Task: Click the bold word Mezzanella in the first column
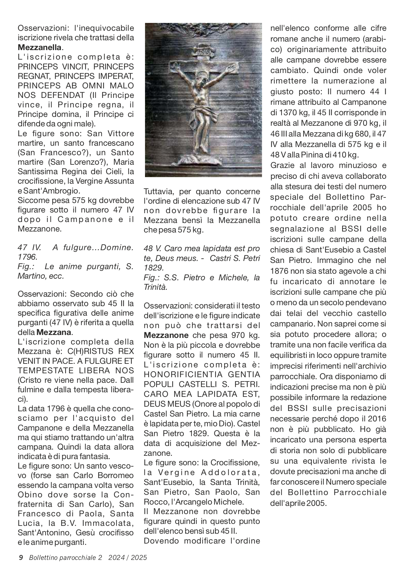40,47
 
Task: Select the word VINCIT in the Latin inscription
74,67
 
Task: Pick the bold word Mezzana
54,332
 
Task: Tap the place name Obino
28,495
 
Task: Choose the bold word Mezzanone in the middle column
166,335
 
